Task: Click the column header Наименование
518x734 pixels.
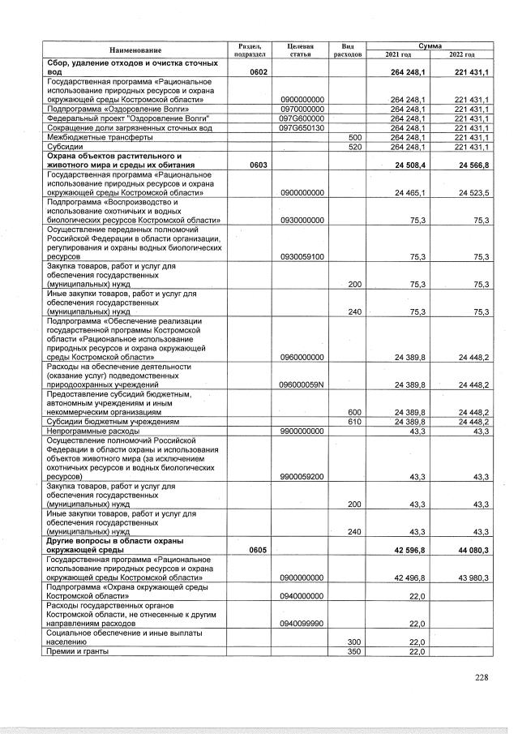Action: click(x=135, y=49)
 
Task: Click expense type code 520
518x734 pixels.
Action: click(x=353, y=147)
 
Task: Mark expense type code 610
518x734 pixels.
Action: click(x=353, y=422)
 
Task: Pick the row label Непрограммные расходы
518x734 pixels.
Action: click(x=88, y=431)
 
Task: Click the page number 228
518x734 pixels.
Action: click(x=482, y=678)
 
